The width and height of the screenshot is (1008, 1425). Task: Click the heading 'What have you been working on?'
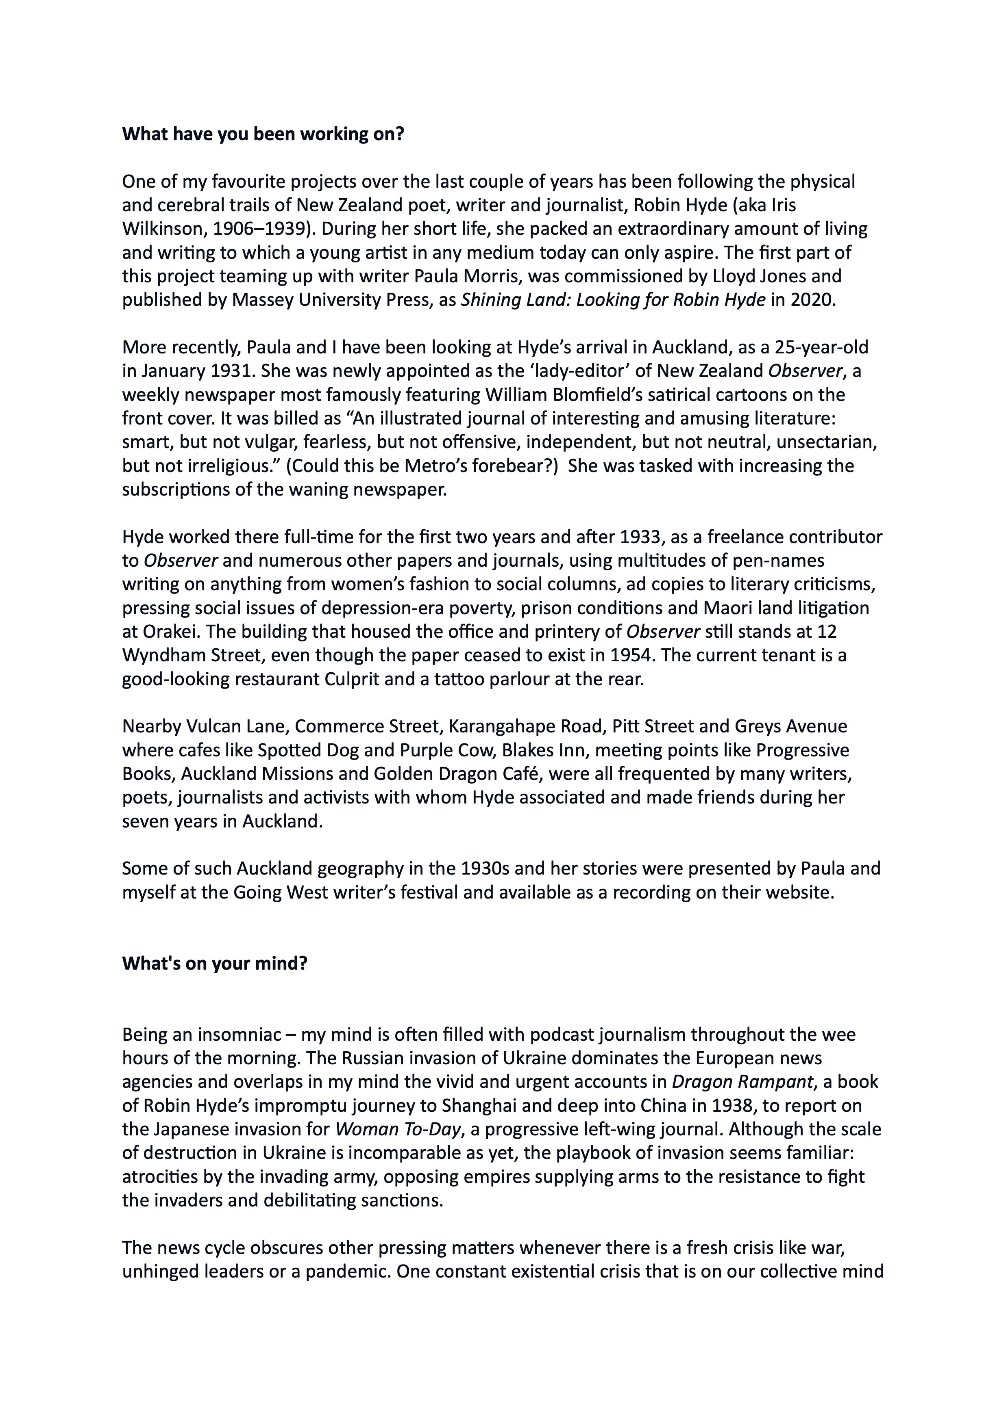click(x=263, y=134)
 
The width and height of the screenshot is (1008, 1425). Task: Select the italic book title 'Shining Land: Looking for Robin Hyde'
click(x=612, y=300)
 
